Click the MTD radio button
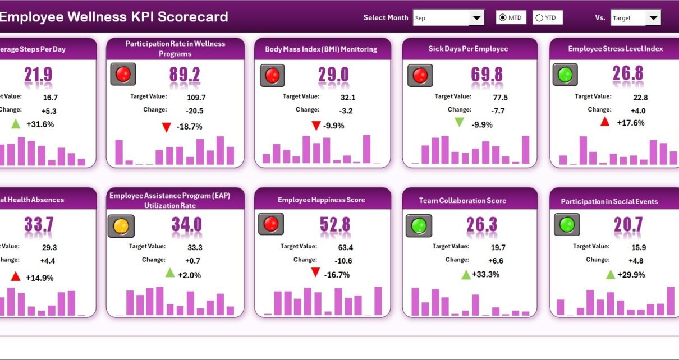[503, 18]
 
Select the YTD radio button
[539, 18]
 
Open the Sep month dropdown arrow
[477, 18]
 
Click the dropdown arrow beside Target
[653, 18]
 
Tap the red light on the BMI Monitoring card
[272, 75]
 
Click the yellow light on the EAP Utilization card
[121, 226]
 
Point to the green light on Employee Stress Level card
[565, 75]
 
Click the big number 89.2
[185, 75]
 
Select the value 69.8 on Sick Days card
[486, 75]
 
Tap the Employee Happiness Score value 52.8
[335, 225]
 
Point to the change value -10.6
[343, 261]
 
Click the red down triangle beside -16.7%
[315, 273]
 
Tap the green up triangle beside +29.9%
[611, 274]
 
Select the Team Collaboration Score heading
[462, 200]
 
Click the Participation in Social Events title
[609, 201]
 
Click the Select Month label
[386, 18]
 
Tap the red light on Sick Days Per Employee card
[420, 75]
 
